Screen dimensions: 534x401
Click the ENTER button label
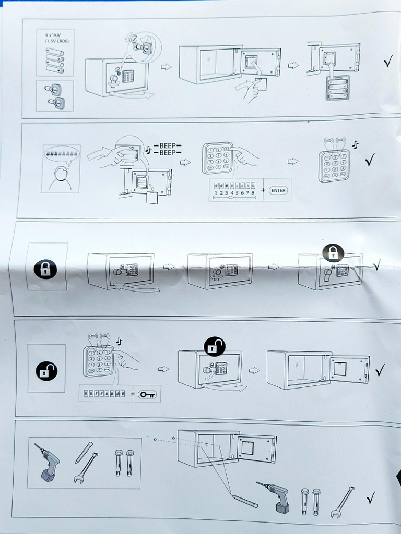click(x=278, y=191)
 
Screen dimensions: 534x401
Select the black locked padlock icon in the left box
click(x=45, y=270)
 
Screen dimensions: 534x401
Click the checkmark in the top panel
click(x=388, y=63)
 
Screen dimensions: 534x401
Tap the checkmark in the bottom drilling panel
click(x=371, y=498)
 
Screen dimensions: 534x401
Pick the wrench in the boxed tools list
click(x=86, y=468)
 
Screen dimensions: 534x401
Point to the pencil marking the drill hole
click(x=245, y=501)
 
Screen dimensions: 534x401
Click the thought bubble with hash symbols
click(x=62, y=154)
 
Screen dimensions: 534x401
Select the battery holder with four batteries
click(x=337, y=87)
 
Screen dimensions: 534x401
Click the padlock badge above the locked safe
click(x=333, y=253)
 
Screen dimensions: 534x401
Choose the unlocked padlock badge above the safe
click(x=215, y=345)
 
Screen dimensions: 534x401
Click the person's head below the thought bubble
click(x=61, y=173)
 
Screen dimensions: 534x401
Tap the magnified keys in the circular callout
click(x=143, y=46)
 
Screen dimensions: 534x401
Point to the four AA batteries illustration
click(x=55, y=59)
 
